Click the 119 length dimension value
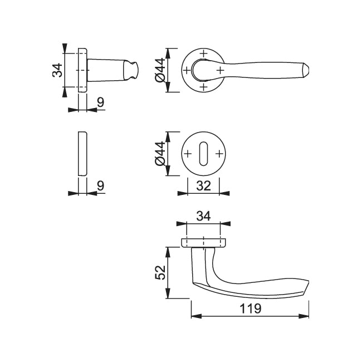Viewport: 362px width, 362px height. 251,308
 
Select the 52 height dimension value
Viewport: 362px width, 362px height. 160,273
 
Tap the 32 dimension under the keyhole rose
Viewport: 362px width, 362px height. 203,185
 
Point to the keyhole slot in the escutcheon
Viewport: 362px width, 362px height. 203,154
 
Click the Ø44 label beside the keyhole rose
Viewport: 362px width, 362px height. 160,154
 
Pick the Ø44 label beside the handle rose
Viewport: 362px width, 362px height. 160,70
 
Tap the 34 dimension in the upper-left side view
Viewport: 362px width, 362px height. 57,70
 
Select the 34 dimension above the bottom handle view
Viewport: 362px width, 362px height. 203,217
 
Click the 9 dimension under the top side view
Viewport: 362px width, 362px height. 101,102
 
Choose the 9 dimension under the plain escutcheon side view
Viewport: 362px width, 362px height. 101,185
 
